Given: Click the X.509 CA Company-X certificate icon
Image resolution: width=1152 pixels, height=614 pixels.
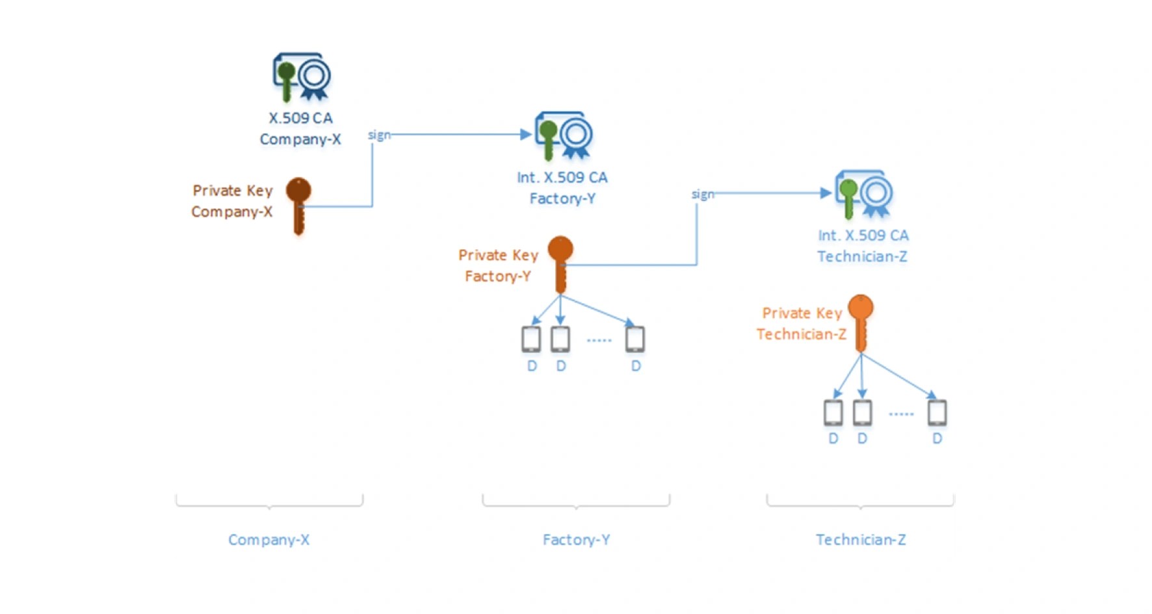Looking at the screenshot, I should click(301, 77).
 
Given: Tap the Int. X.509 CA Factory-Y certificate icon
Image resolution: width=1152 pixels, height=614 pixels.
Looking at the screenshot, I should click(563, 135).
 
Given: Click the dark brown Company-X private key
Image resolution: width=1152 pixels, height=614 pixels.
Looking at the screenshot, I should click(298, 204).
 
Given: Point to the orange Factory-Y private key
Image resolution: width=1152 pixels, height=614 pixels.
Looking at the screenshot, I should click(560, 263).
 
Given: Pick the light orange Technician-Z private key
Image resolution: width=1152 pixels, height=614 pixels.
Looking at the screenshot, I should click(861, 322).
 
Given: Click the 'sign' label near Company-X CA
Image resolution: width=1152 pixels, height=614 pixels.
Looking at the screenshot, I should click(379, 135).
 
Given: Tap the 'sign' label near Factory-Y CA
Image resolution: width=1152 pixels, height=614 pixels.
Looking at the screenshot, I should click(702, 194).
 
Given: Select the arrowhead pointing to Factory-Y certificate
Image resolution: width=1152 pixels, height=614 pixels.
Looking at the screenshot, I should click(526, 135).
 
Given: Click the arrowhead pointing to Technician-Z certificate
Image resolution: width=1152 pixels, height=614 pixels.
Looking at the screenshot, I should click(826, 193).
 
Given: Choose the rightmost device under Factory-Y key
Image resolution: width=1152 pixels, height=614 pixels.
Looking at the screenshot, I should click(635, 339).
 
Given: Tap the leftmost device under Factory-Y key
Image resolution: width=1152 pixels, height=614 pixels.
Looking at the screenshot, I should click(531, 339).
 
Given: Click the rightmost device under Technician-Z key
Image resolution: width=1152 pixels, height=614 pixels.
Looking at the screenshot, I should click(937, 412).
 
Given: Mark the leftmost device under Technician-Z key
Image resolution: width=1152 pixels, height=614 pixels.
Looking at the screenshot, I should click(833, 412).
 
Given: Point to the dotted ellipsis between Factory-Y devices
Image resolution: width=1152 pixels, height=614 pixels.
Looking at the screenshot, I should click(599, 340).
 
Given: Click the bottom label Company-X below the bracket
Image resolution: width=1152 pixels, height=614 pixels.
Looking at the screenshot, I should click(268, 539).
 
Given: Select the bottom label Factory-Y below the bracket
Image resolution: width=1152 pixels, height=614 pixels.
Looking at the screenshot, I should click(576, 539).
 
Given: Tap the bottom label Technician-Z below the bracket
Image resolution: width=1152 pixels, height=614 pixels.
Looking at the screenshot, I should click(861, 539).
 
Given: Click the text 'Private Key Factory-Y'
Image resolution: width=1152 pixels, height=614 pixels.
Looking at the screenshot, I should click(498, 265).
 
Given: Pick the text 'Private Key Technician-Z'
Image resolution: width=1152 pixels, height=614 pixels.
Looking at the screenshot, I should click(802, 323).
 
